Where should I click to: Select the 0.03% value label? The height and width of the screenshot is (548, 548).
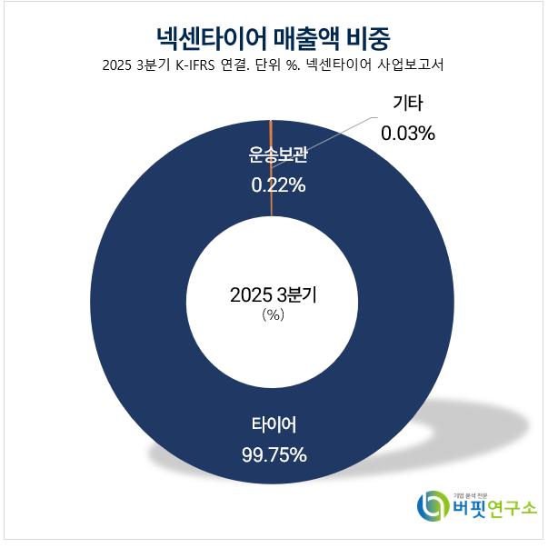408,133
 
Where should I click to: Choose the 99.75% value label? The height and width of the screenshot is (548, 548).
274,453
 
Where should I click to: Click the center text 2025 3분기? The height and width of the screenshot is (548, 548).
274,294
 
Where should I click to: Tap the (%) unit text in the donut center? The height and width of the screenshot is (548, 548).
274,314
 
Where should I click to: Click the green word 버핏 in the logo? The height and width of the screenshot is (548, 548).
471,511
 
